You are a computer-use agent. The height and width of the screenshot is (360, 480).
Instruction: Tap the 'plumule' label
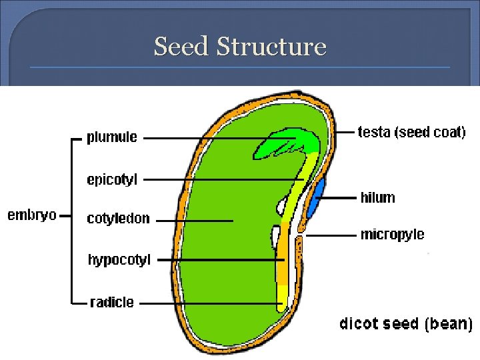coord(112,138)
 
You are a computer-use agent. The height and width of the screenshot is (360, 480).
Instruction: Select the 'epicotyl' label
coord(112,179)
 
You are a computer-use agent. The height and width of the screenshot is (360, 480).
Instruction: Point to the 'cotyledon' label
coord(119,219)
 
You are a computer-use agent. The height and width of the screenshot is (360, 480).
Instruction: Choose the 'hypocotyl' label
coord(119,259)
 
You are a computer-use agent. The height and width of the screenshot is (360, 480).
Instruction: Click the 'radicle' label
coord(112,303)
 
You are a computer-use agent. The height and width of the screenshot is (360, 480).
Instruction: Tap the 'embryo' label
coord(31,215)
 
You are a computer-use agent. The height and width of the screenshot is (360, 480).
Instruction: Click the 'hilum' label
coord(377,197)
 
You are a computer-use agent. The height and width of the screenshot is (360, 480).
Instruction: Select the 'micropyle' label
coord(392,235)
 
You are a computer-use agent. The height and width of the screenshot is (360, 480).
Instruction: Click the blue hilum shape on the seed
coord(316,197)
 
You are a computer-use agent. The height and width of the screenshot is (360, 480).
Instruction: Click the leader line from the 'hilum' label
coord(340,197)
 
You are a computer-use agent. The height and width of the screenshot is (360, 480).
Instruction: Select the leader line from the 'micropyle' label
coord(330,235)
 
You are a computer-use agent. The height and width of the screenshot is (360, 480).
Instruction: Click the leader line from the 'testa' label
coord(345,132)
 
